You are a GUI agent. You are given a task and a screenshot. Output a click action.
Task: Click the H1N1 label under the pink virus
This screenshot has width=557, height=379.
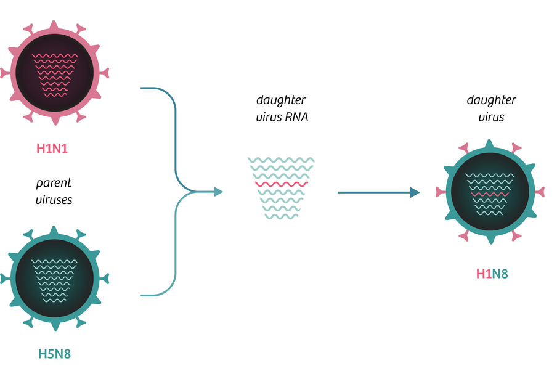(x=52, y=149)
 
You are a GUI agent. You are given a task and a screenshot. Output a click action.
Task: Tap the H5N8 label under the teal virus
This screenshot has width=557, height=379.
(x=54, y=354)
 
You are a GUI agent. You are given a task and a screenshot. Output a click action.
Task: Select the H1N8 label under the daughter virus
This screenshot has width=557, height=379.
(x=492, y=274)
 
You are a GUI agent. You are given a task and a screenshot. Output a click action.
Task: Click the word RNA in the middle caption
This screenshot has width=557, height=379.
(x=298, y=117)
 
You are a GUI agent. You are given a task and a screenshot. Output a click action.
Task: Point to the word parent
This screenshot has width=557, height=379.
(x=54, y=183)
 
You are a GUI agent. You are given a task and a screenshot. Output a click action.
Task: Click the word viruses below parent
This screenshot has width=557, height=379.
(x=54, y=200)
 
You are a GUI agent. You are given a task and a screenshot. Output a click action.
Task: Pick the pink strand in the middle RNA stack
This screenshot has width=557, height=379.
(x=282, y=184)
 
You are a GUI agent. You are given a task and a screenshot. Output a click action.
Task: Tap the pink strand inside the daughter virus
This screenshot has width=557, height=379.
(x=490, y=194)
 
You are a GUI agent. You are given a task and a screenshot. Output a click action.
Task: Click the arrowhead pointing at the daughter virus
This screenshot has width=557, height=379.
(x=415, y=192)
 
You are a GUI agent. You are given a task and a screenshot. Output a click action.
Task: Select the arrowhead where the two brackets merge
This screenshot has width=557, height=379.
(x=219, y=192)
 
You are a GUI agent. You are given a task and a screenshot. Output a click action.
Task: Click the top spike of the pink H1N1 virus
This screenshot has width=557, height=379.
(x=54, y=26)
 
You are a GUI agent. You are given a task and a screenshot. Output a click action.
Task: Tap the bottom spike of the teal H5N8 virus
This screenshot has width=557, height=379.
(x=55, y=325)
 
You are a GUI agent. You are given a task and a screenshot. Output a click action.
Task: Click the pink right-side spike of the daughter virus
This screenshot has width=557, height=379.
(x=540, y=192)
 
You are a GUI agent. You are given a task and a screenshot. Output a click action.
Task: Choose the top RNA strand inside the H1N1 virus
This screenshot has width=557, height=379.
(x=55, y=55)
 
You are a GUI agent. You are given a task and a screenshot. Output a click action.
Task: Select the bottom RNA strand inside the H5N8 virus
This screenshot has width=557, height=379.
(x=55, y=301)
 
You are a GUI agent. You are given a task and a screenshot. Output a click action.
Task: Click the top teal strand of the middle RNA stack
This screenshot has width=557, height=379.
(x=281, y=160)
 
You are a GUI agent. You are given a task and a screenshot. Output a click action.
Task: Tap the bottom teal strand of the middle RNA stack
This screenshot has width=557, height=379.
(x=282, y=216)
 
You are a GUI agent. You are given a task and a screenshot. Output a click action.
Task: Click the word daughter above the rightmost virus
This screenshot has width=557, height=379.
(x=491, y=100)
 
